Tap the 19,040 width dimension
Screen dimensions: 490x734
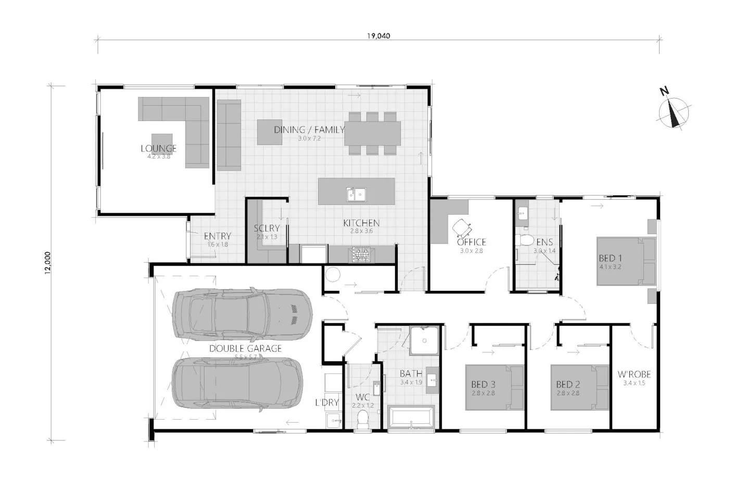pos(378,36)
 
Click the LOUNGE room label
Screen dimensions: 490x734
pos(159,149)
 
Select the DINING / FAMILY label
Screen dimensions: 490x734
pos(309,129)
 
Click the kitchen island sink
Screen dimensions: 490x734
pos(357,194)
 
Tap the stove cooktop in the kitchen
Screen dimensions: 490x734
pos(361,254)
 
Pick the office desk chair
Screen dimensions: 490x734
pos(462,227)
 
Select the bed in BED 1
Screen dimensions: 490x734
pos(626,261)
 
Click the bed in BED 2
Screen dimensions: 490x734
pos(579,387)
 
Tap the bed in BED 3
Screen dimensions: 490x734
pos(493,387)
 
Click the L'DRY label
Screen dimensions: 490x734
pos(327,402)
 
